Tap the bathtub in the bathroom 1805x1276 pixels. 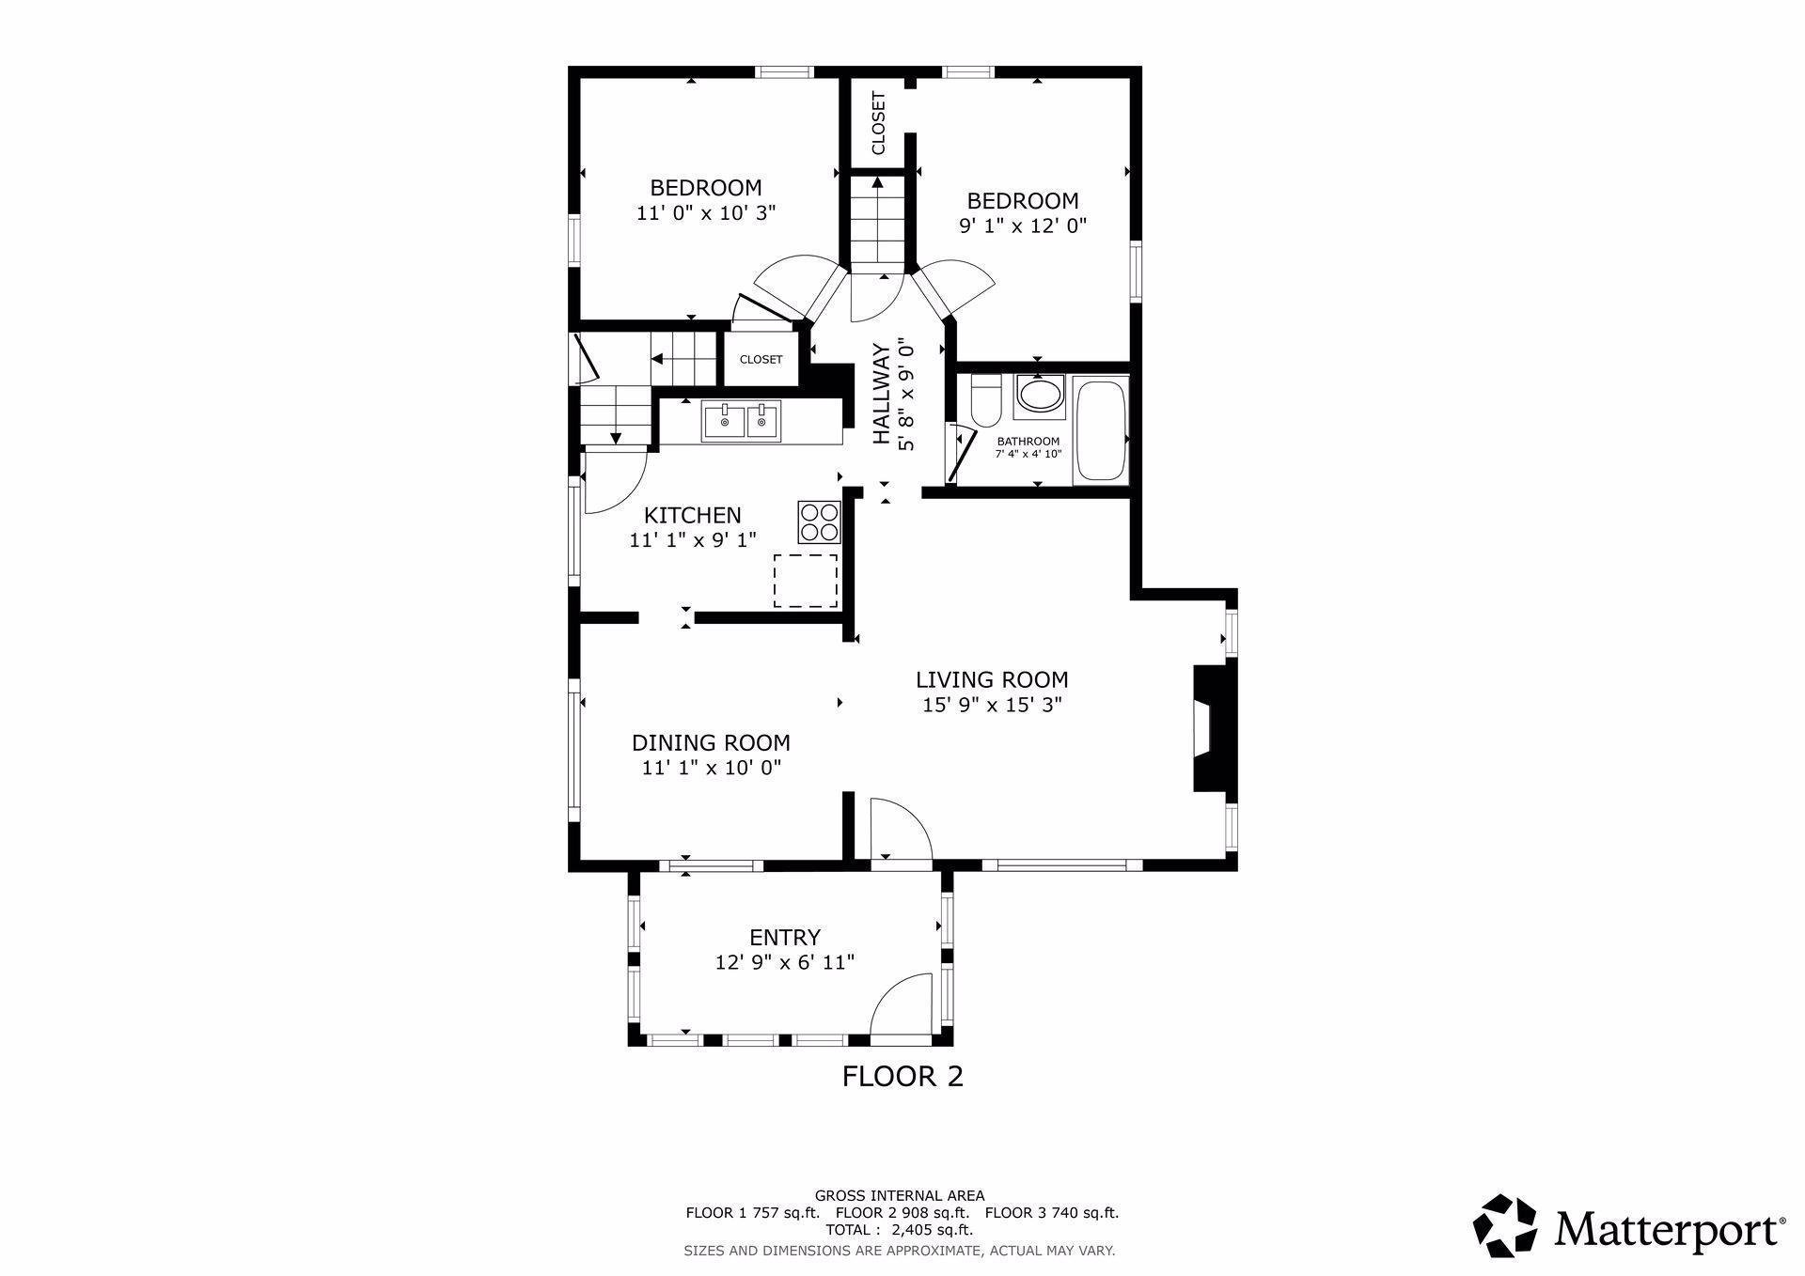click(x=1100, y=431)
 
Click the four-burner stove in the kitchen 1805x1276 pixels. click(x=818, y=521)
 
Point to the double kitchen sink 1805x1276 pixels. click(x=741, y=421)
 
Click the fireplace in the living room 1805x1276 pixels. click(x=1213, y=729)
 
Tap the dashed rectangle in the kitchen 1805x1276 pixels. click(x=806, y=580)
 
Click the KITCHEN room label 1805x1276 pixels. click(x=693, y=515)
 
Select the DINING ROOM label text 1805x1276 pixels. click(x=711, y=743)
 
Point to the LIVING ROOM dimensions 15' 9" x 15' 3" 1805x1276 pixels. click(x=992, y=705)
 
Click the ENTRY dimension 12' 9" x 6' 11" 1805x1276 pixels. click(x=785, y=962)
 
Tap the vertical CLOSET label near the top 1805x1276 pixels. click(x=878, y=123)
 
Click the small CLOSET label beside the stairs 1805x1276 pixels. click(x=761, y=360)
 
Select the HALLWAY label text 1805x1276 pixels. click(x=881, y=395)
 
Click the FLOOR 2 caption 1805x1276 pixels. click(x=902, y=1076)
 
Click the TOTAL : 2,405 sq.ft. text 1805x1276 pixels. click(x=900, y=1229)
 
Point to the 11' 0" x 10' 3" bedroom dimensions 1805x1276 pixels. click(x=706, y=213)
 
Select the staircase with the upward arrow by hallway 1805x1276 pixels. click(x=877, y=224)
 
